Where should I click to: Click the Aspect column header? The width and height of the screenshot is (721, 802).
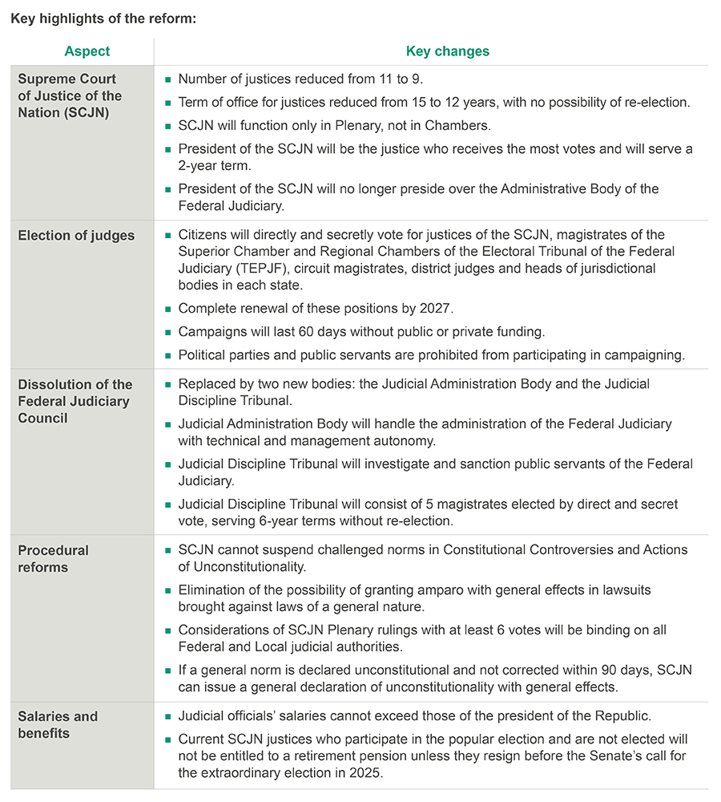click(87, 51)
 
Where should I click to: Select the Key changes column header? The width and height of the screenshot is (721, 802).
click(447, 51)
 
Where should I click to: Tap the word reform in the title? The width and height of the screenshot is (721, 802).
click(172, 18)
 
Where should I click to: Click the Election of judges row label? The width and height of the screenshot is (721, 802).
click(76, 236)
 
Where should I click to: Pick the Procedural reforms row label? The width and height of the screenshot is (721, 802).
click(53, 559)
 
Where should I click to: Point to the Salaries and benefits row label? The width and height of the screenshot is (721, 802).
click(58, 725)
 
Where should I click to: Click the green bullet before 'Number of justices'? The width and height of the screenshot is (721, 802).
click(168, 80)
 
